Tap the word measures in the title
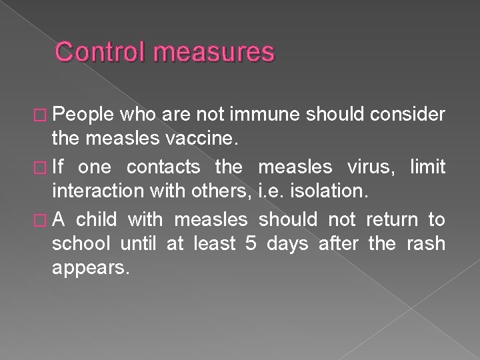(x=213, y=52)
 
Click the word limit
(x=427, y=165)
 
